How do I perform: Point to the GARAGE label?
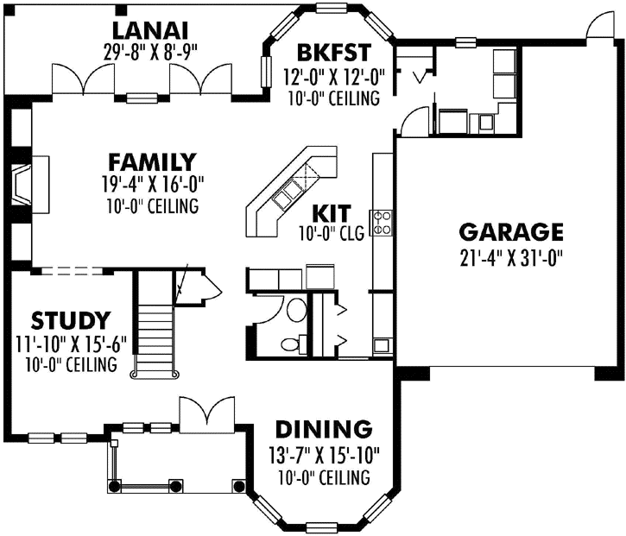tap(511, 231)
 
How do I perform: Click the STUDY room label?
tap(71, 320)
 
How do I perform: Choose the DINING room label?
tap(324, 429)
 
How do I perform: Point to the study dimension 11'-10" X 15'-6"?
tap(71, 344)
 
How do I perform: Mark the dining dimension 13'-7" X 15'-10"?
tap(324, 453)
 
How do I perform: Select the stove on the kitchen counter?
tap(381, 223)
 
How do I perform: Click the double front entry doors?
tap(206, 414)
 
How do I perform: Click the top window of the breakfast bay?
tap(332, 9)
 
